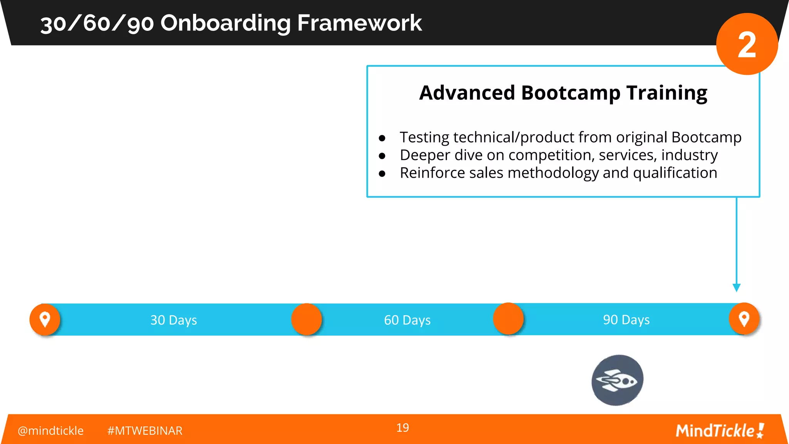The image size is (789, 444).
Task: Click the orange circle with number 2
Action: (x=747, y=44)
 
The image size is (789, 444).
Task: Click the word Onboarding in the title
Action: (x=225, y=23)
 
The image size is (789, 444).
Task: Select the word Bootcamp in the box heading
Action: (x=571, y=93)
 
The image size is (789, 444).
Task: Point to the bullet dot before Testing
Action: (x=382, y=138)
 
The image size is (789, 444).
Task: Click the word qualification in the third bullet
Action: (x=675, y=173)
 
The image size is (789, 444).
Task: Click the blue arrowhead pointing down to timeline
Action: (x=736, y=288)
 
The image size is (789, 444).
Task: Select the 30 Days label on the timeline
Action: (x=173, y=320)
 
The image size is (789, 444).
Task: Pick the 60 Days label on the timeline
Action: (x=407, y=320)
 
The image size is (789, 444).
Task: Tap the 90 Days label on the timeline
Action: (x=626, y=320)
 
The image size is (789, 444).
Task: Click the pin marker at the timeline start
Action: (x=45, y=319)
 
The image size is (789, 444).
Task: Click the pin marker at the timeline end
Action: (x=744, y=319)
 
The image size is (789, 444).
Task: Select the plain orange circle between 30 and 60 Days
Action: (x=306, y=319)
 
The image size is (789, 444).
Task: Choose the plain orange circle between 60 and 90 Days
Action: (x=508, y=319)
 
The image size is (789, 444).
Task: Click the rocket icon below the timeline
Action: (x=617, y=380)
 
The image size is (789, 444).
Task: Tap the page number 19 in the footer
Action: (x=403, y=427)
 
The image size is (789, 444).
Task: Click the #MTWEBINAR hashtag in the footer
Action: (x=144, y=431)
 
